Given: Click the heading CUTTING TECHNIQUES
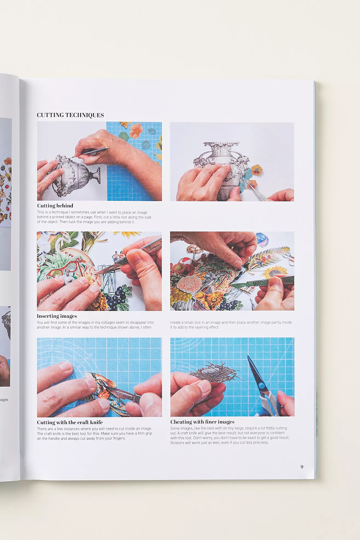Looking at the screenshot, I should [x=70, y=115].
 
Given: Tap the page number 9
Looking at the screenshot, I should [x=302, y=467].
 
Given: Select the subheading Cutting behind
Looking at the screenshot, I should [x=55, y=206].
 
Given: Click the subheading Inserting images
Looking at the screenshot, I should [x=57, y=316].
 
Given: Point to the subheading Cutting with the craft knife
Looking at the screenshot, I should [x=70, y=422].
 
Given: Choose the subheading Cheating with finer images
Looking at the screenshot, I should [x=202, y=422].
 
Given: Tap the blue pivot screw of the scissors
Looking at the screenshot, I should [x=262, y=386].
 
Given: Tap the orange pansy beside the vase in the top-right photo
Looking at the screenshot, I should [x=256, y=170].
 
